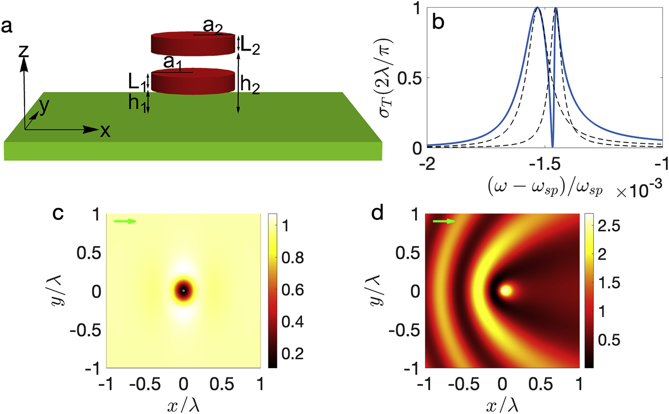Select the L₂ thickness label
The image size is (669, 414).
250,46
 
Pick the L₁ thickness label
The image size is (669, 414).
137,80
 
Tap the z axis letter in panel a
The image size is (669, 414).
22,50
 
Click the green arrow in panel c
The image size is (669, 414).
125,221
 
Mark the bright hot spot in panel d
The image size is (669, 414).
505,290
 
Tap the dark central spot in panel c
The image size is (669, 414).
183,290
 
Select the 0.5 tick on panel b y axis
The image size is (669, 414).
409,78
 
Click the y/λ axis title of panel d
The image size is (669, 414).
402,290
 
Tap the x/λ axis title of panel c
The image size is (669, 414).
183,402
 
